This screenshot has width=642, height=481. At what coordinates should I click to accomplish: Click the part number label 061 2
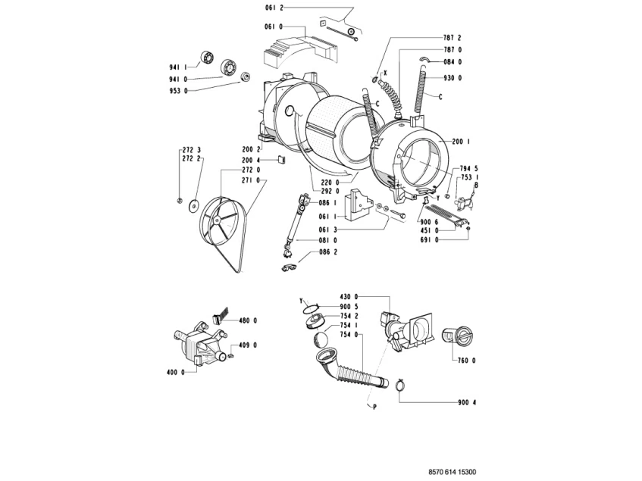click(274, 7)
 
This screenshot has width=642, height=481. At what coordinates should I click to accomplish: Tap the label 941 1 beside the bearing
click(178, 67)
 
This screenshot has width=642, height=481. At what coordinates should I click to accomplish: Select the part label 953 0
click(178, 91)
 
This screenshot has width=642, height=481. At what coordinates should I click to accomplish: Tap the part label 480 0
click(249, 320)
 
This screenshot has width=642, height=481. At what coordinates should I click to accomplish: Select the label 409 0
click(249, 345)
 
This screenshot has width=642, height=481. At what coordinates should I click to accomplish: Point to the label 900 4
click(467, 402)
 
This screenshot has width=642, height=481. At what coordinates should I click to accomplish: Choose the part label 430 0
click(348, 296)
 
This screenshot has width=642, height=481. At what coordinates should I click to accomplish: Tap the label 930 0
click(453, 78)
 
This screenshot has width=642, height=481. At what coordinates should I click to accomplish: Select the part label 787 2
click(453, 37)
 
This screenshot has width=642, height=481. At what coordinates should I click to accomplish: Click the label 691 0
click(429, 239)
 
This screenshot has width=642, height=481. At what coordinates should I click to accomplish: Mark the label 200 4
click(252, 160)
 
